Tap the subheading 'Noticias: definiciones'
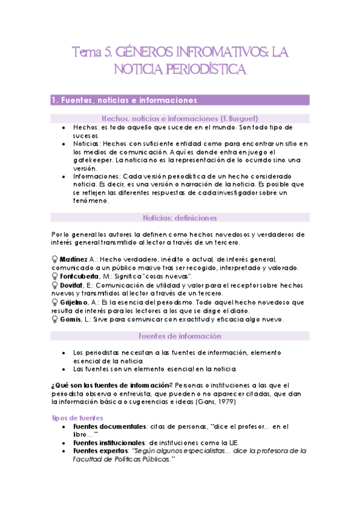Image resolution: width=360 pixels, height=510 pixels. point(180,218)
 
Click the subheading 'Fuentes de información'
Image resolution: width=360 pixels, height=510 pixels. point(180,336)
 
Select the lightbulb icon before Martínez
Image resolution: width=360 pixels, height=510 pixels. point(56,259)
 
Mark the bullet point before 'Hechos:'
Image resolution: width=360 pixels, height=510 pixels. point(64,128)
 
